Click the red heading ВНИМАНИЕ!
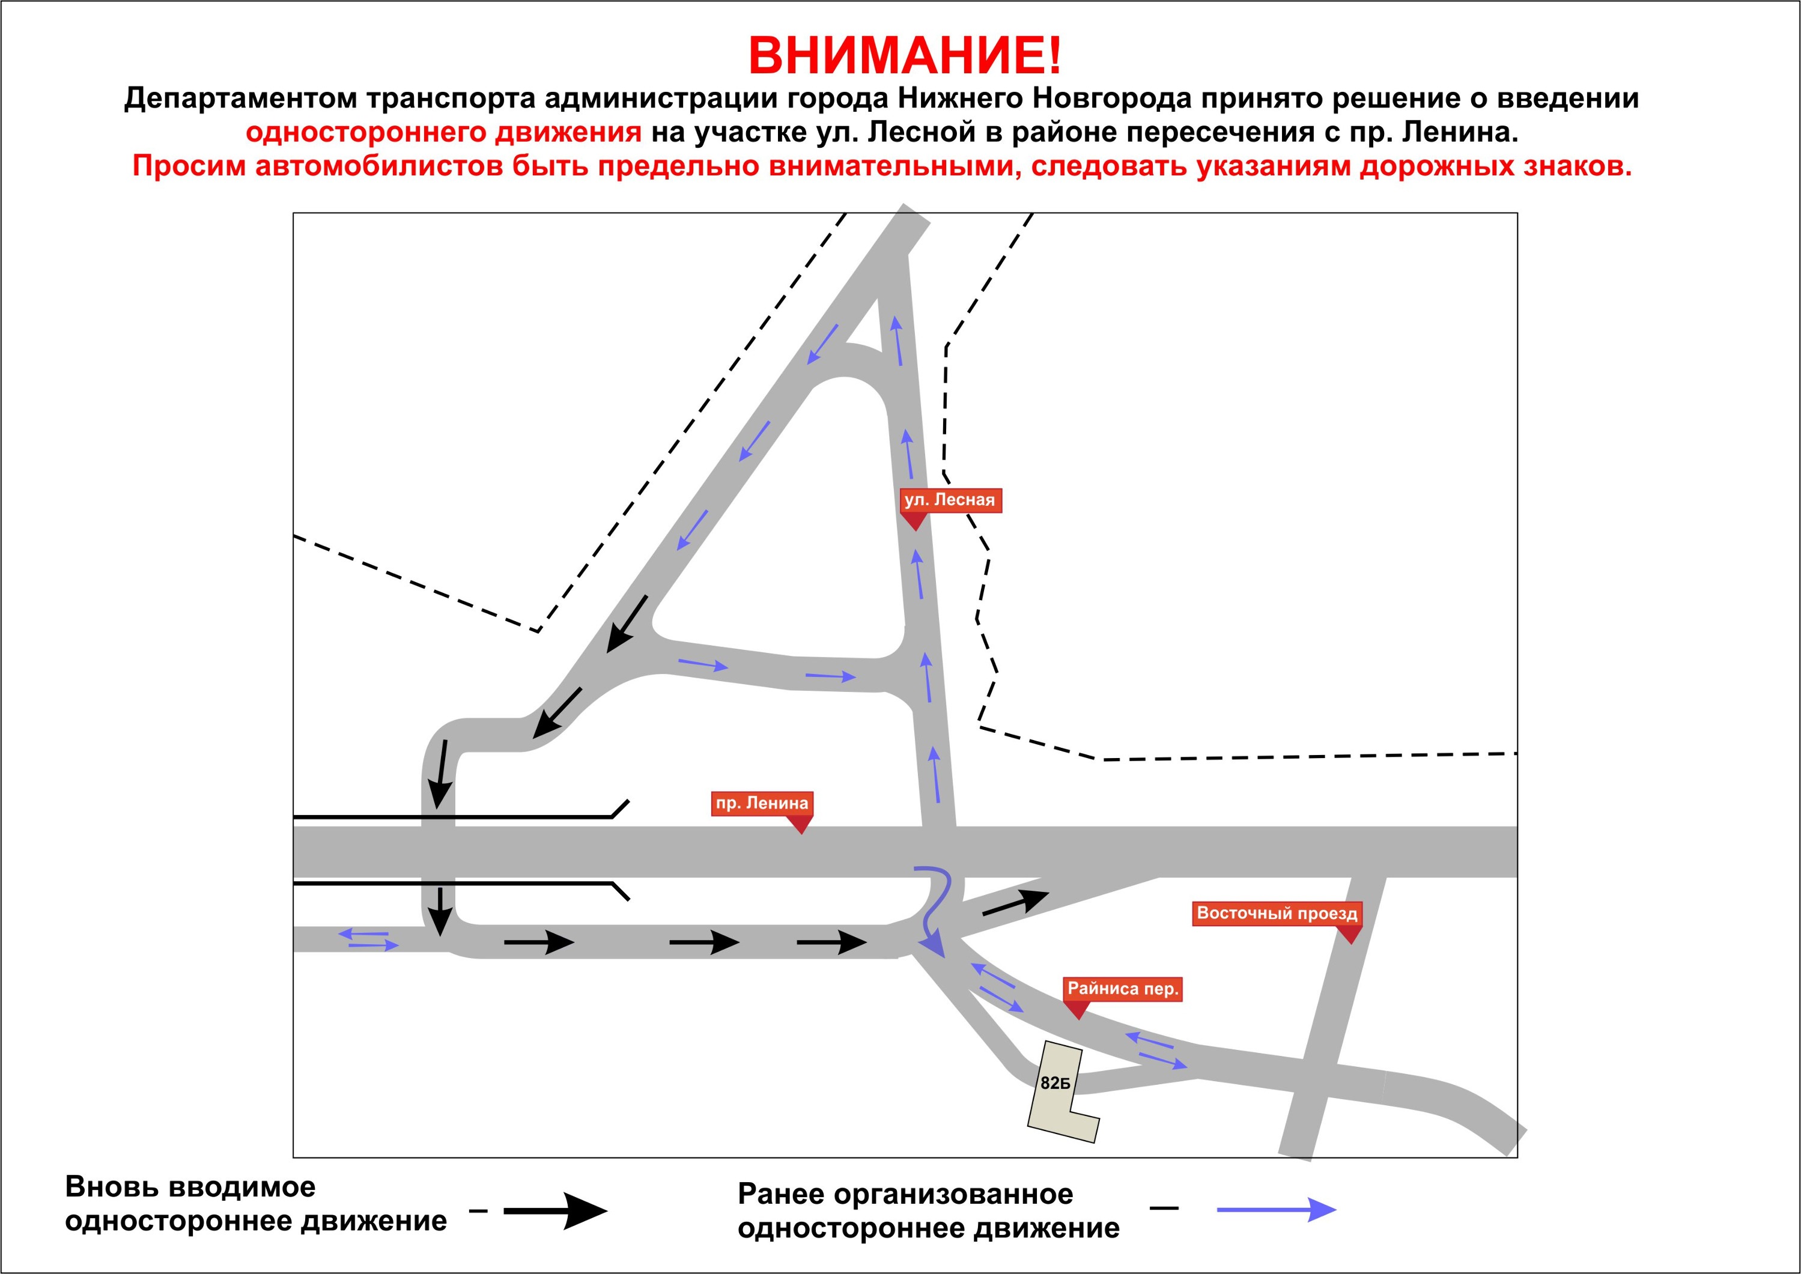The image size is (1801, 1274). pyautogui.click(x=905, y=55)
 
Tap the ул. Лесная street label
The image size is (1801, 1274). pyautogui.click(x=950, y=500)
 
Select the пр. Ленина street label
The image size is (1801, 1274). pyautogui.click(x=762, y=803)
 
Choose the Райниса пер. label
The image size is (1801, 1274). pyautogui.click(x=1123, y=989)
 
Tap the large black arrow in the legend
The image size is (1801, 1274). pyautogui.click(x=555, y=1212)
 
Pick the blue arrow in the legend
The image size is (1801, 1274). pyautogui.click(x=1276, y=1210)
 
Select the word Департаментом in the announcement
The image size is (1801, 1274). pyautogui.click(x=240, y=99)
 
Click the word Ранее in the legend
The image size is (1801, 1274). pyautogui.click(x=780, y=1194)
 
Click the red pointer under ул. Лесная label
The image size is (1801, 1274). pyautogui.click(x=914, y=522)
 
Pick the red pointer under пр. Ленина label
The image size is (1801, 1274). pyautogui.click(x=800, y=825)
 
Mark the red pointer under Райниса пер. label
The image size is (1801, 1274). pyautogui.click(x=1077, y=1010)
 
